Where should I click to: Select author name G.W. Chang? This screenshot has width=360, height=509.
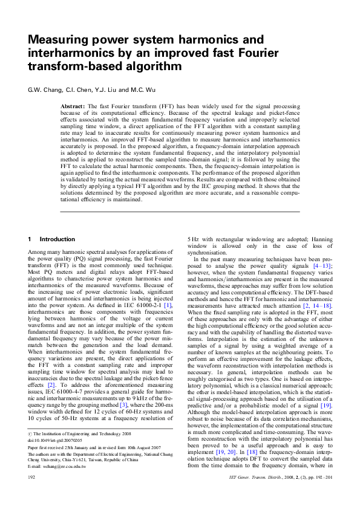pos(44,91)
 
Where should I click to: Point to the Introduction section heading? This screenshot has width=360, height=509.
pos(57,239)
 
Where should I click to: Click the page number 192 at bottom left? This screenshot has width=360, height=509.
pos(33,494)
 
